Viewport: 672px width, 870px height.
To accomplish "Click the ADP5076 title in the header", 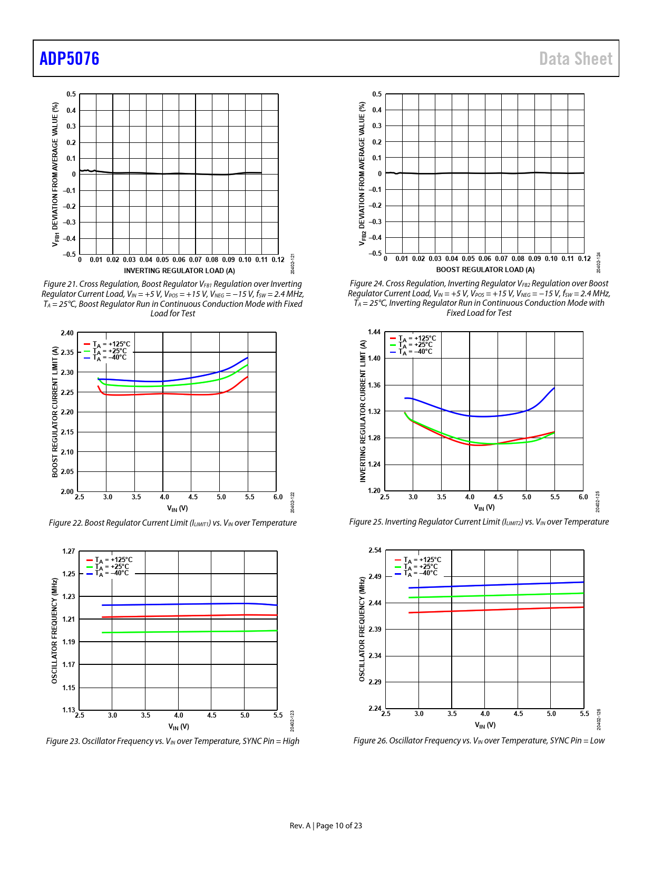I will coord(69,59).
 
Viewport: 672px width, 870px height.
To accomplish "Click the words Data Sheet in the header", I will coord(576,59).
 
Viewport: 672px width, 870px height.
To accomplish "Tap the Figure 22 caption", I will coord(172,523).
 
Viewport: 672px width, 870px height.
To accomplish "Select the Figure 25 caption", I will coord(479,521).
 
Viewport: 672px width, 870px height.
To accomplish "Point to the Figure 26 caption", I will coord(479,740).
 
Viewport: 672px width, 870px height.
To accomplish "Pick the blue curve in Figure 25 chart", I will coord(474,417).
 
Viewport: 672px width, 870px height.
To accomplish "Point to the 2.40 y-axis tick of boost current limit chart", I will coord(67,333).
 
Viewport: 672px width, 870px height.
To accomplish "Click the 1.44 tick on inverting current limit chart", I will coord(374,332).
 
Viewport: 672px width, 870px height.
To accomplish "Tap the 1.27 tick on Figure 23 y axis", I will coord(69,551).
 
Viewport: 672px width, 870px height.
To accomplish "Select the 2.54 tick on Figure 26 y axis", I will coord(375,550).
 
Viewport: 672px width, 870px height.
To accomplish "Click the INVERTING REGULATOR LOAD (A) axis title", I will coord(179,270).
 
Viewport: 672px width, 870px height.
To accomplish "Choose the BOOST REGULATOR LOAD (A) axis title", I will coord(485,269).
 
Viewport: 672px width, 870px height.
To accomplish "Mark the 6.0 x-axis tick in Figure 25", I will coord(583,497).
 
